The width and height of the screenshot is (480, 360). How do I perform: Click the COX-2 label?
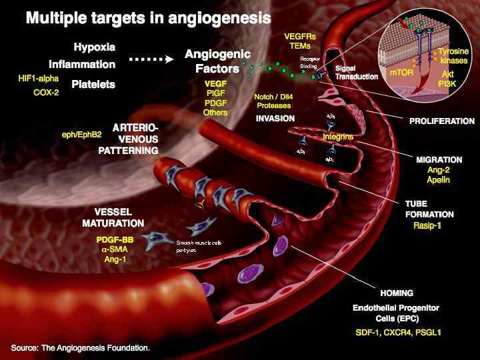[47, 93]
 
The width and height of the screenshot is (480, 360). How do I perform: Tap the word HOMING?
[397, 293]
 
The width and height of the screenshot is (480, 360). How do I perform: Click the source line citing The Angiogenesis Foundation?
[81, 348]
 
